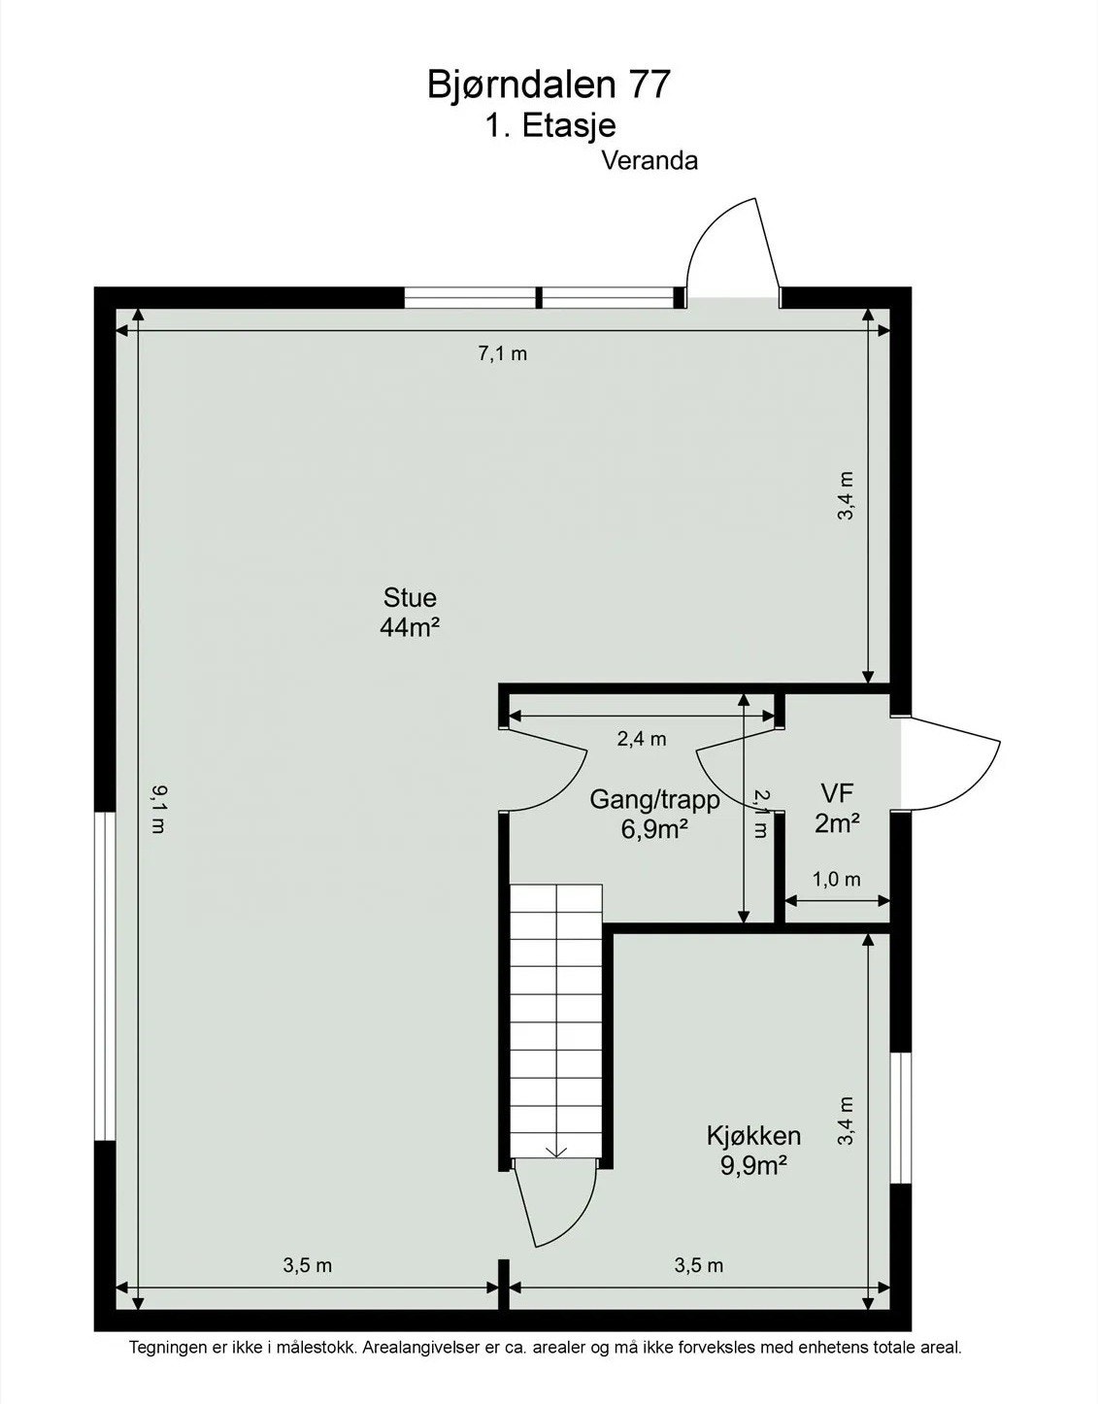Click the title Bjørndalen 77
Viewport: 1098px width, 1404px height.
[x=549, y=85]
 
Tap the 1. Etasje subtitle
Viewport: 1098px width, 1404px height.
[x=550, y=125]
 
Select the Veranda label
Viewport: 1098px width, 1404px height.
[x=649, y=161]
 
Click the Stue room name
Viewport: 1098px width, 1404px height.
[x=410, y=597]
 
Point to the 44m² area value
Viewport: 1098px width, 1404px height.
[x=410, y=627]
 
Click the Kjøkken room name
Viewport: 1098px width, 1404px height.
[x=753, y=1135]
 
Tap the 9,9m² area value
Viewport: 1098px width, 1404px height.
[x=753, y=1166]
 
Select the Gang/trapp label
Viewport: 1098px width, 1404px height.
[x=655, y=800]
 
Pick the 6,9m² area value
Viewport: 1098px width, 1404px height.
[x=655, y=829]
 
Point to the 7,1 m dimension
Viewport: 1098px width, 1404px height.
[x=502, y=353]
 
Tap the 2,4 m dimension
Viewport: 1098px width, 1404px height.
[x=642, y=739]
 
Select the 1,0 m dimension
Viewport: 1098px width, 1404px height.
[x=836, y=880]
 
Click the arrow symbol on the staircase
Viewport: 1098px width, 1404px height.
[x=556, y=1150]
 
